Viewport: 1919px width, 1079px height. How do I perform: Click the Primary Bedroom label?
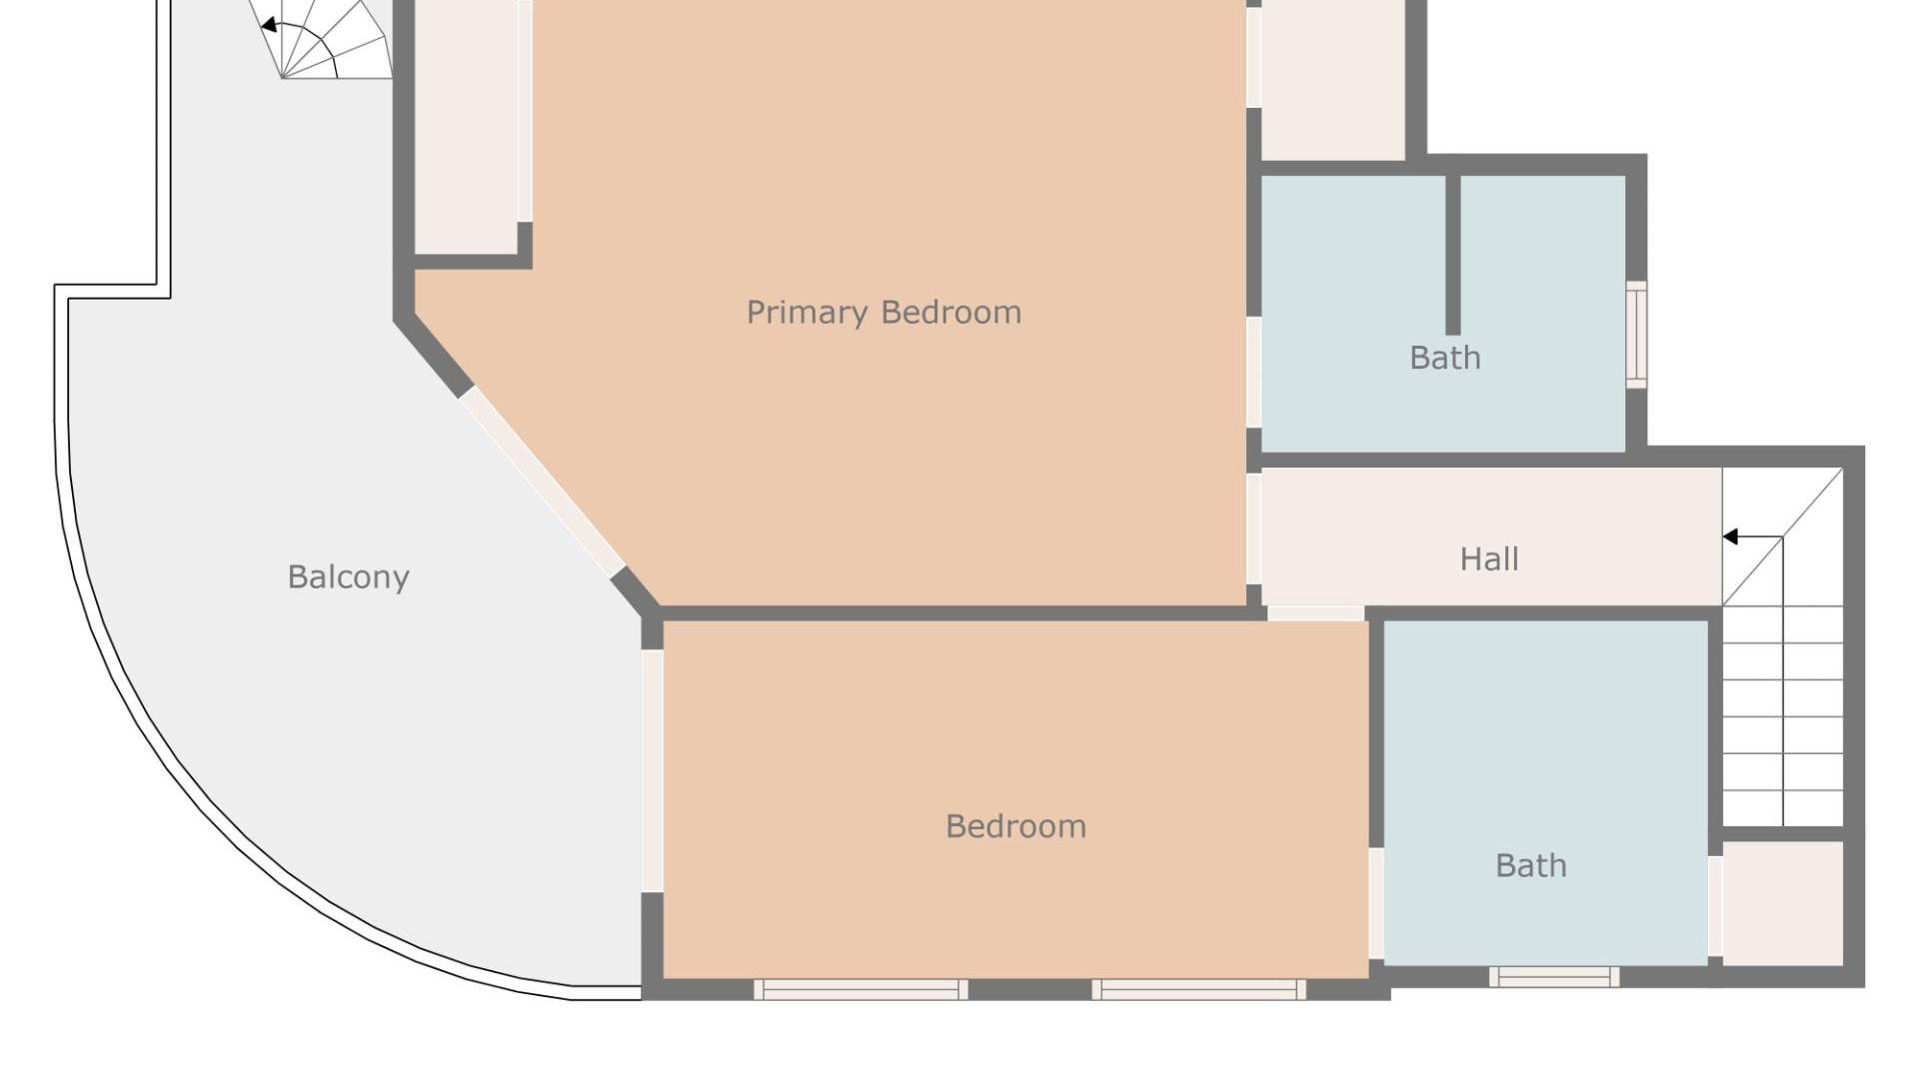pos(884,313)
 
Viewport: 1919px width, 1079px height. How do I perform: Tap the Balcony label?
pos(348,576)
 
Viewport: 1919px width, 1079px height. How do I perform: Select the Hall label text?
pos(1489,558)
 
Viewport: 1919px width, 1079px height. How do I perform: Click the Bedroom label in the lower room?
pos(1015,826)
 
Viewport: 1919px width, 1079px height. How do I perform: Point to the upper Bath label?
pos(1445,358)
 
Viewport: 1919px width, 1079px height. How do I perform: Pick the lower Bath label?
pos(1531,865)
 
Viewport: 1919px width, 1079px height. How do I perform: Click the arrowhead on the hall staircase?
pos(1730,538)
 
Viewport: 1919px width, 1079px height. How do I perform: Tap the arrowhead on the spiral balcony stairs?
pos(268,25)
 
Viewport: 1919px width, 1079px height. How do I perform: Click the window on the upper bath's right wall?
pos(1636,335)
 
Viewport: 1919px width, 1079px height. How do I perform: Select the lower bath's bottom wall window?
pos(1554,976)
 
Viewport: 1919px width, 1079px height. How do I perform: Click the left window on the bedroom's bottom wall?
pos(861,989)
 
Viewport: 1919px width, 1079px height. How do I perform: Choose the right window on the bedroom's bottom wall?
pos(1198,989)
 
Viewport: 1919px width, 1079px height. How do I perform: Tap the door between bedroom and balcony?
pos(652,770)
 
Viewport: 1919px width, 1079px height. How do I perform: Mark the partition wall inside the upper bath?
pos(1453,255)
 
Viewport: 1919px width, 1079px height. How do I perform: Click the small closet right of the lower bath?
pos(1783,903)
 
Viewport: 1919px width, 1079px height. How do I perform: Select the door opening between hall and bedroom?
pos(1315,613)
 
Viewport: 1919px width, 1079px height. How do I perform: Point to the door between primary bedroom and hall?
pos(1253,529)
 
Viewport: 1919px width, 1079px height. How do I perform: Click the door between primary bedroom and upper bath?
pos(1253,373)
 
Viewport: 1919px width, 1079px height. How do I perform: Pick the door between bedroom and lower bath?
pos(1376,904)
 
